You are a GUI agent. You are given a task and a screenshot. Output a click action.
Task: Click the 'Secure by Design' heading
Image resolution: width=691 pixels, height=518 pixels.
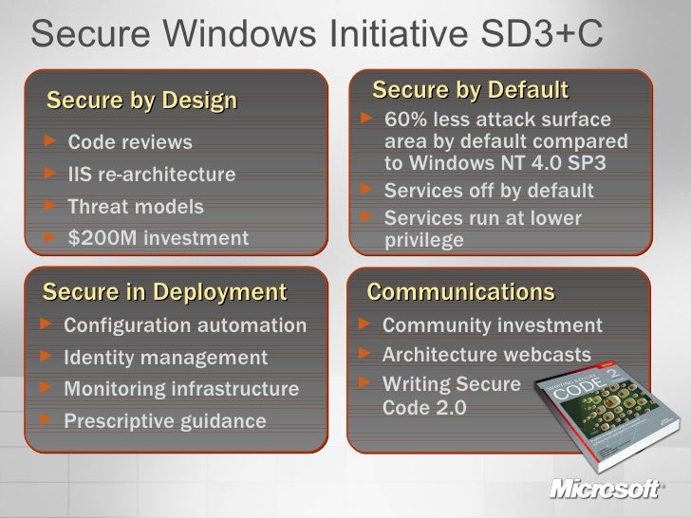[x=141, y=99]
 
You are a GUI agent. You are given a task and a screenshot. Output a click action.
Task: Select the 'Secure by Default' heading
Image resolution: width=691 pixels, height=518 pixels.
[x=471, y=90]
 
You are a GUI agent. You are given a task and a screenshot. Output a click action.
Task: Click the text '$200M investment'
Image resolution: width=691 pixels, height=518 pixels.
[x=157, y=237]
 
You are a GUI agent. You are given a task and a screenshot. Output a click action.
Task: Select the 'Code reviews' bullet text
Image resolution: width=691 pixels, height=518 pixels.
[x=130, y=143]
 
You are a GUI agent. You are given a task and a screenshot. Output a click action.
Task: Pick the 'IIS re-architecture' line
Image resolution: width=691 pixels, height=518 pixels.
[x=152, y=175]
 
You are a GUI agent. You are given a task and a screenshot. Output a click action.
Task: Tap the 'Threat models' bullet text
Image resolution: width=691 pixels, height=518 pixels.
[x=136, y=206]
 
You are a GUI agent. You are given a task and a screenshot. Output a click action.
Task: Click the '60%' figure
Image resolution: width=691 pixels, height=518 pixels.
[x=404, y=121]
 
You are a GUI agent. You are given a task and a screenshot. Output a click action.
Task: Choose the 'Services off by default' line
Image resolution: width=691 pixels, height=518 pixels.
[x=489, y=192]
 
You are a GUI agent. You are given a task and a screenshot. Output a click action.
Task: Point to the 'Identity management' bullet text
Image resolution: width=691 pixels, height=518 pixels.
[x=165, y=358]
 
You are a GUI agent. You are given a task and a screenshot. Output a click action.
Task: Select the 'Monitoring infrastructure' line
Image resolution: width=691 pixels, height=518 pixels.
[x=180, y=389]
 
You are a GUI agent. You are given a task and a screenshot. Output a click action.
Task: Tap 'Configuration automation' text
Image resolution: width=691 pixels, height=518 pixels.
[x=185, y=326]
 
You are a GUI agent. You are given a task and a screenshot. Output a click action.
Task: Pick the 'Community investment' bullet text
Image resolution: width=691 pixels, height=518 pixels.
[x=492, y=326]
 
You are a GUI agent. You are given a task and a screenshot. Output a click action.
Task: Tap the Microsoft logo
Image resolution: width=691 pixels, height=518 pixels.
[x=605, y=490]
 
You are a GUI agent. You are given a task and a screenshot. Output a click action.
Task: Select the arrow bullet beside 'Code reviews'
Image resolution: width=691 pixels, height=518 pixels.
[x=50, y=142]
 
